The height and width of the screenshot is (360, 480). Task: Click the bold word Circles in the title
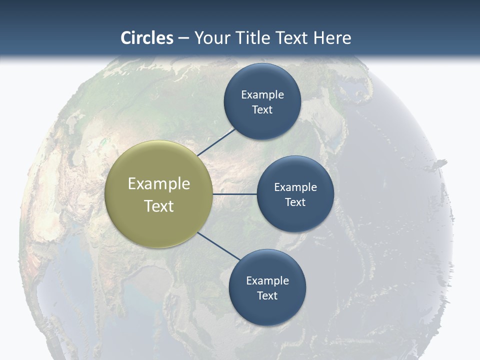click(x=147, y=38)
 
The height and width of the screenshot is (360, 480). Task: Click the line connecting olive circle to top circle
click(x=216, y=142)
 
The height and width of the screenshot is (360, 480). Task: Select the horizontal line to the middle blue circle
click(x=234, y=194)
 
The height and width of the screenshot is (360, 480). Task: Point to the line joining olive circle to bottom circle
click(x=219, y=246)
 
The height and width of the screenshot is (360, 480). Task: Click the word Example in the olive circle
click(x=159, y=184)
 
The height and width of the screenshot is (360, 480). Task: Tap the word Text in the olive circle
click(x=159, y=206)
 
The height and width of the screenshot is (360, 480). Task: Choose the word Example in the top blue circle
click(x=262, y=95)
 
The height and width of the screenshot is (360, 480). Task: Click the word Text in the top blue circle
click(x=262, y=110)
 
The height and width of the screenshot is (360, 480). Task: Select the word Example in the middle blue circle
click(x=295, y=187)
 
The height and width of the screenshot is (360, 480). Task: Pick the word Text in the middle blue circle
click(x=295, y=202)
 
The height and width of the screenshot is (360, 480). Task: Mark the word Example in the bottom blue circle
click(x=267, y=281)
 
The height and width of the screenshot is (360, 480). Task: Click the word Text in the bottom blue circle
click(x=267, y=295)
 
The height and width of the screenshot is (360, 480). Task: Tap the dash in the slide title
click(x=183, y=38)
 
